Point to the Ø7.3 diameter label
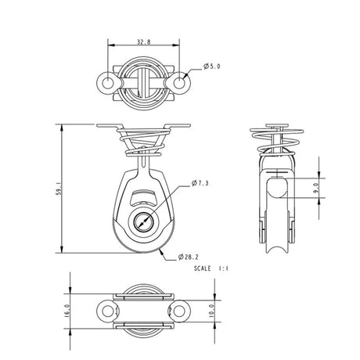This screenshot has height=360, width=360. tap(201, 184)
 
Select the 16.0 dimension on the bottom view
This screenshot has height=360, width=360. tap(68, 311)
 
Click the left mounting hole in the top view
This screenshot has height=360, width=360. tap(105, 82)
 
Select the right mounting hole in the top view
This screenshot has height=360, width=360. tap(180, 82)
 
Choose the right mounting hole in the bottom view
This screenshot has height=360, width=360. tap(181, 311)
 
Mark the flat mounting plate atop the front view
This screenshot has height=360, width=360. tap(142, 126)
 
